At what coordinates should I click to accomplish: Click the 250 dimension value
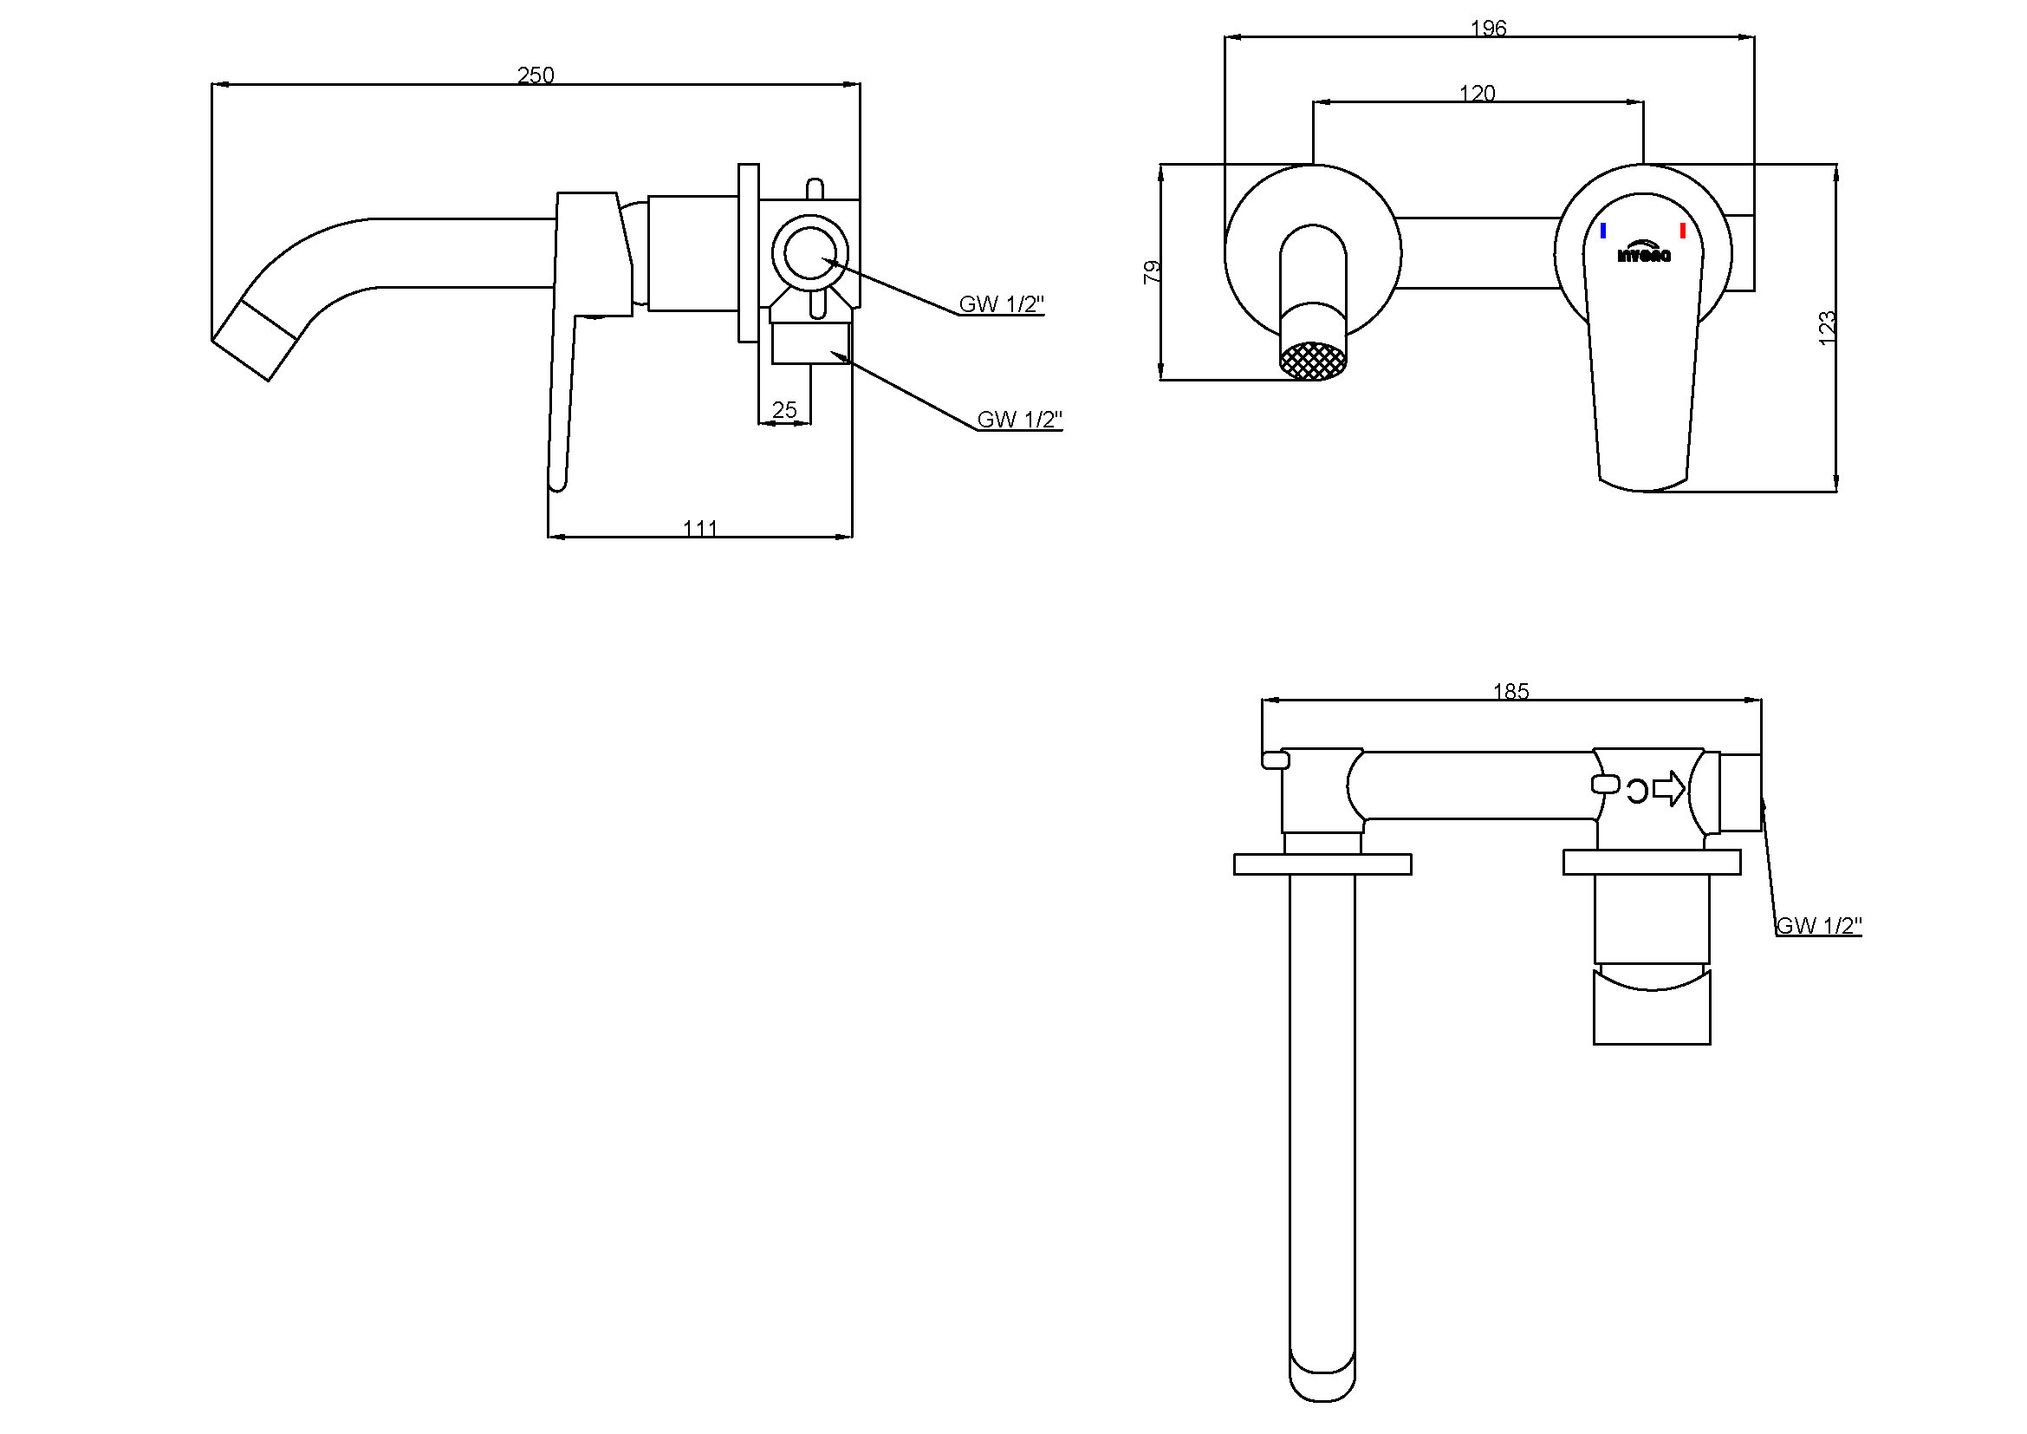click(535, 75)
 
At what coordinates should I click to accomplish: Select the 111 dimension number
click(700, 528)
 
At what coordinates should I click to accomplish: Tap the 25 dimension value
click(784, 410)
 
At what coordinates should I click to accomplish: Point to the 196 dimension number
click(1488, 29)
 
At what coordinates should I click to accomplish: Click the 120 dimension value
click(1477, 94)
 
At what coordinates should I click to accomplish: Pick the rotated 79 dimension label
click(1152, 271)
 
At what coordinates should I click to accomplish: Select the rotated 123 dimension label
click(1827, 328)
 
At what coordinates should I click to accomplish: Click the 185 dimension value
click(1511, 691)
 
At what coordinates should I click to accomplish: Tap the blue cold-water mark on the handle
click(1602, 231)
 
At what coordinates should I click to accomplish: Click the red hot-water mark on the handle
click(1683, 231)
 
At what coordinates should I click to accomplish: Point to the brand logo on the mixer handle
click(1643, 252)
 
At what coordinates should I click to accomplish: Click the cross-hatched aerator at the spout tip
click(1313, 362)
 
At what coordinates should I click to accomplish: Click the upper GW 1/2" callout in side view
click(1001, 304)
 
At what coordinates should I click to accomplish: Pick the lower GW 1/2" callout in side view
click(1019, 420)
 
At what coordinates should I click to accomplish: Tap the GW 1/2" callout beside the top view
click(1819, 925)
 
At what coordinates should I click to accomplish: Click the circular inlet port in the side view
click(809, 252)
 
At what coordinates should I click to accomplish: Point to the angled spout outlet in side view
click(254, 340)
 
